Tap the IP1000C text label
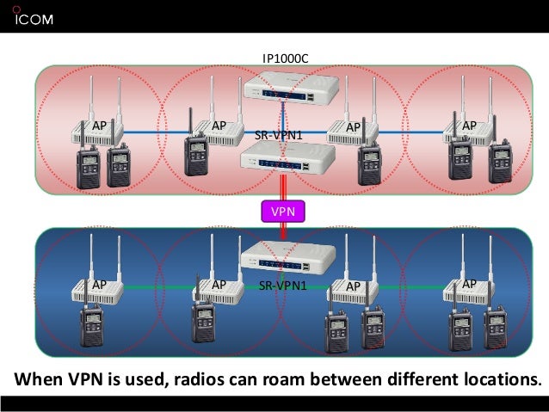click(285, 58)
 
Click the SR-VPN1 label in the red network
click(280, 136)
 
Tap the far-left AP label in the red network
click(100, 126)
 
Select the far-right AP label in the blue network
click(469, 284)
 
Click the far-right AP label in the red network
click(469, 126)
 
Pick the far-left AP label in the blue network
click(100, 284)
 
